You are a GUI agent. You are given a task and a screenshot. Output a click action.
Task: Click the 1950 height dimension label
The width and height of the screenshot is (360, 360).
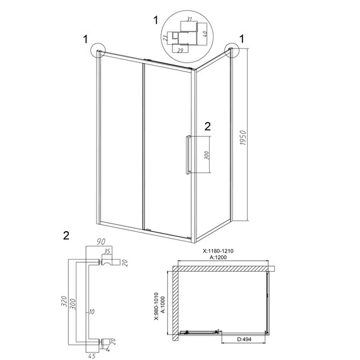coord(243,138)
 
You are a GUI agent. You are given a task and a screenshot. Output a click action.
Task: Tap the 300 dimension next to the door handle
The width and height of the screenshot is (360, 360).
coord(207,155)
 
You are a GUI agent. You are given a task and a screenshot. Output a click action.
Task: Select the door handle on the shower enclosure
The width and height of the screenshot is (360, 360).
coord(188,155)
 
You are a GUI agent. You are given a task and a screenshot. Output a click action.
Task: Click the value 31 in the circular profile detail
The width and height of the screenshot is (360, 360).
coord(189,19)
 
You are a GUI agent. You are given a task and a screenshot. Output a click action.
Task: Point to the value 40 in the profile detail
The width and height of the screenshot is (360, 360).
coord(205,33)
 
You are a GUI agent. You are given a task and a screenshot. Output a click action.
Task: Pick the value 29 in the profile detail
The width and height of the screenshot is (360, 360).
coord(181,51)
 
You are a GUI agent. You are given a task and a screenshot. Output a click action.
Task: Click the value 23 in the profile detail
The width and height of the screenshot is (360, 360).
coord(165,38)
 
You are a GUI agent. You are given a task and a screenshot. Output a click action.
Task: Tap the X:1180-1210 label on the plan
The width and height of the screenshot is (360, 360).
coord(218,251)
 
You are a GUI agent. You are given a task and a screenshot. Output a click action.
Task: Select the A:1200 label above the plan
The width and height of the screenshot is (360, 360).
coord(218,257)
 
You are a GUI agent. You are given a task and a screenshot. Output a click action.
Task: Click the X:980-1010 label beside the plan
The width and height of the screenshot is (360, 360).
coord(157,306)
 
